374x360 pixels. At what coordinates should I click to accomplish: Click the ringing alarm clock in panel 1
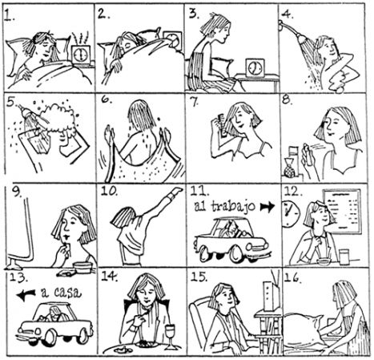pos(81,55)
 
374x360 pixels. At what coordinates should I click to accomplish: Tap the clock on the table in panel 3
pos(255,68)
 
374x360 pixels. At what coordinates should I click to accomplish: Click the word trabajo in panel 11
pos(234,207)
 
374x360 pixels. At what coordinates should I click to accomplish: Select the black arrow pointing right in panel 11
pos(267,206)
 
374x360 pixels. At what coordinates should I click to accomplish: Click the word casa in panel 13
pos(67,292)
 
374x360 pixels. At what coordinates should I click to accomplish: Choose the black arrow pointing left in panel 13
pos(26,295)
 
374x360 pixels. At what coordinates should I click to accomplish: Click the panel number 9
pos(18,191)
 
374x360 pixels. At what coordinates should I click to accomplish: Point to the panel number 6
pos(107,99)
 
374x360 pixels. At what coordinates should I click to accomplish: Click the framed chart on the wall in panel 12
pos(342,211)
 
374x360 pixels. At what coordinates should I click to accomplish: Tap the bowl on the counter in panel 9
pos(83,268)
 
